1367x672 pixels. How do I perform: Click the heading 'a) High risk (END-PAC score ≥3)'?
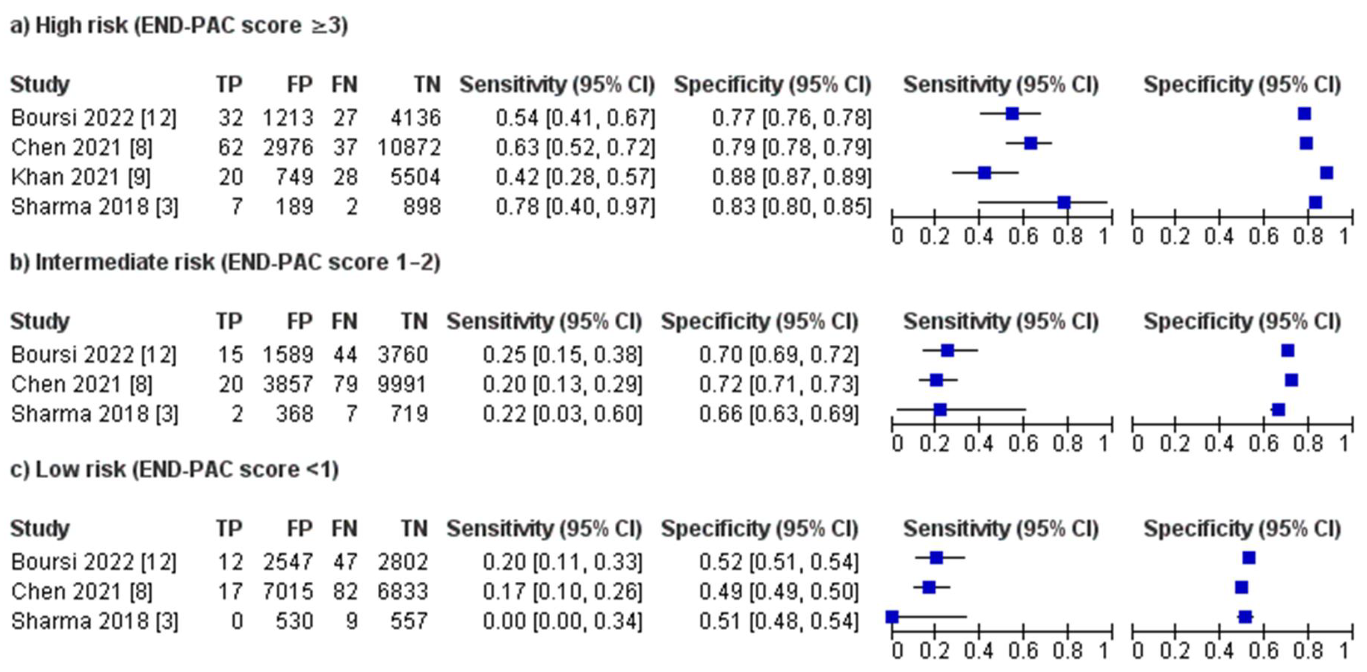click(x=179, y=25)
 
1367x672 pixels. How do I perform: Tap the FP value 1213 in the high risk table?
click(x=288, y=118)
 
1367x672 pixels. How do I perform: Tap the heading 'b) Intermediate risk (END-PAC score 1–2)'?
click(x=225, y=262)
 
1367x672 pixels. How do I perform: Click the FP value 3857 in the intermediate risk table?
click(x=288, y=384)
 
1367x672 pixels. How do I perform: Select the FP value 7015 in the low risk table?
click(x=288, y=591)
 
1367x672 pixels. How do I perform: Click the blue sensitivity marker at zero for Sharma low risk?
click(x=892, y=617)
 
